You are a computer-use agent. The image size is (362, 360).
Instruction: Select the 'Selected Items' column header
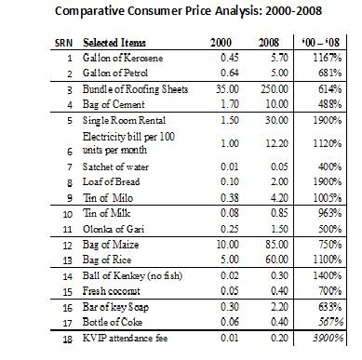(x=114, y=43)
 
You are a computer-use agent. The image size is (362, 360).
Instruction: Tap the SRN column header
(x=63, y=43)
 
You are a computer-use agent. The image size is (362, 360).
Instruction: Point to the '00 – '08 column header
(x=321, y=42)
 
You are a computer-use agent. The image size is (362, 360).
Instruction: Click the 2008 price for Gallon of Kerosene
(x=279, y=58)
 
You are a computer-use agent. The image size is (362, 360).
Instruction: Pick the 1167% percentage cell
(x=327, y=58)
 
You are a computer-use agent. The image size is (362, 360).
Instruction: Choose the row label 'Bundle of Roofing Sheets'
(x=135, y=89)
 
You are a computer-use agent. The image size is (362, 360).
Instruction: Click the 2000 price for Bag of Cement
(x=230, y=104)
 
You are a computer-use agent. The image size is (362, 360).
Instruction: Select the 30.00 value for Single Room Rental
(x=276, y=120)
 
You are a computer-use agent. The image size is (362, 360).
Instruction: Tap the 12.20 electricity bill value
(x=276, y=143)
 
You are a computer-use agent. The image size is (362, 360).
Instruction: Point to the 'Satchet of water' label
(x=115, y=167)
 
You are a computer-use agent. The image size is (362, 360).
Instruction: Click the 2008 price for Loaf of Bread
(x=279, y=181)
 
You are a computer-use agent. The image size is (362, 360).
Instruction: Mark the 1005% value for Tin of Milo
(x=327, y=198)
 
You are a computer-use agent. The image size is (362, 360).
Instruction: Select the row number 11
(x=67, y=230)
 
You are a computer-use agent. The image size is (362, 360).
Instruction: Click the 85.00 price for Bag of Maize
(x=276, y=245)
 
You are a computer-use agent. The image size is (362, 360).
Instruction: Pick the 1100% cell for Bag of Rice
(x=327, y=260)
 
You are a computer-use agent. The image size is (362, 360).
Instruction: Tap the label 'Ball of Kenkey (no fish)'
(x=132, y=275)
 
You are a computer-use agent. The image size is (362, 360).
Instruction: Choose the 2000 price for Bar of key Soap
(x=230, y=307)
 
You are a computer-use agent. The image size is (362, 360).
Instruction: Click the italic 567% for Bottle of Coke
(x=330, y=322)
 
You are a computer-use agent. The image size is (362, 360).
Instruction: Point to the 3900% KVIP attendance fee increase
(x=328, y=338)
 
